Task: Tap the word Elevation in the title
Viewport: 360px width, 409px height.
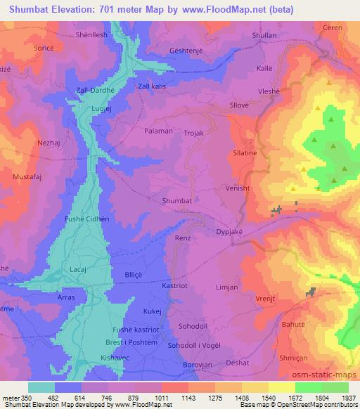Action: [83, 11]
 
